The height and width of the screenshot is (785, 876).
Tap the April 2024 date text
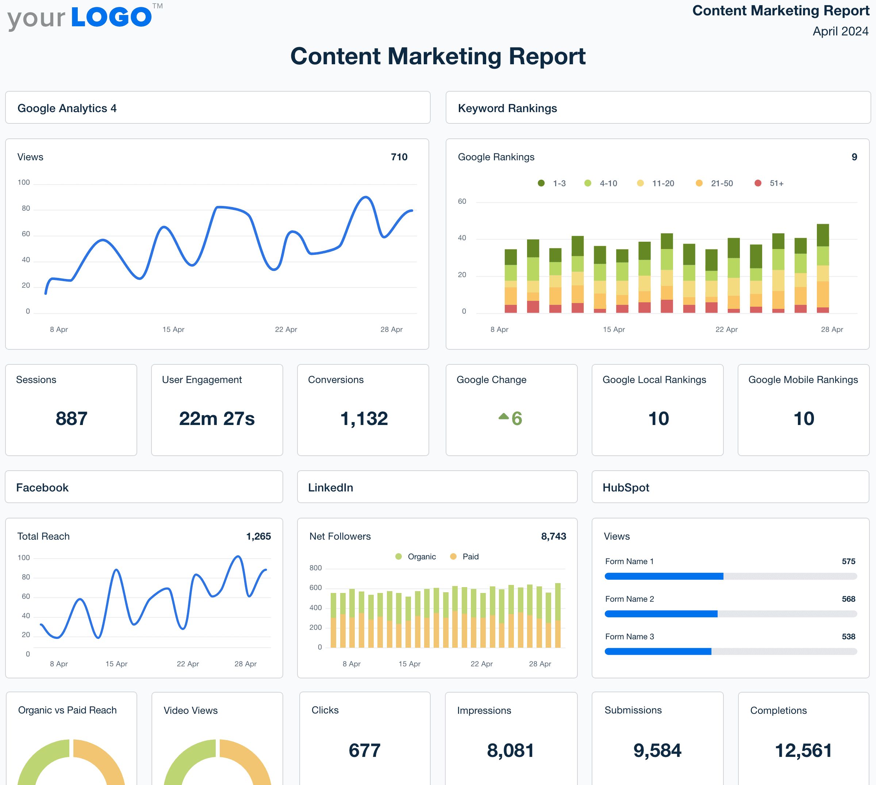(x=840, y=31)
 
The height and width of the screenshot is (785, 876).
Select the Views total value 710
(x=399, y=157)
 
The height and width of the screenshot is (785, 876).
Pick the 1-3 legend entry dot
(x=541, y=183)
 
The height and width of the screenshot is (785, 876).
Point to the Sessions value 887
(x=72, y=418)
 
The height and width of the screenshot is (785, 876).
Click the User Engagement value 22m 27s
(x=217, y=418)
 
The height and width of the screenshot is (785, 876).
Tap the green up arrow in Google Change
(x=503, y=416)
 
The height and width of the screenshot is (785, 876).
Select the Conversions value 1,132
(x=364, y=418)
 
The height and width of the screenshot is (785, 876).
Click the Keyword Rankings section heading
(x=507, y=108)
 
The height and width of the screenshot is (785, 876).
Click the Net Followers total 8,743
(x=554, y=536)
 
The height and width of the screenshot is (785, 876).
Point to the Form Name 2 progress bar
(x=730, y=614)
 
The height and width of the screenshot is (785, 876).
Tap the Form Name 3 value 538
(x=848, y=637)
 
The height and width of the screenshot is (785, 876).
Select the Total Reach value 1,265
(x=258, y=536)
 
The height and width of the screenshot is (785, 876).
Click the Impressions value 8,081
(x=510, y=750)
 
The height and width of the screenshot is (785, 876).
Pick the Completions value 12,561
(x=803, y=750)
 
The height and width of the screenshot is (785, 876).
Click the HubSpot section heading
(x=626, y=487)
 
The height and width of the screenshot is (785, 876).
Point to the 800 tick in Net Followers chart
(x=316, y=568)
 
